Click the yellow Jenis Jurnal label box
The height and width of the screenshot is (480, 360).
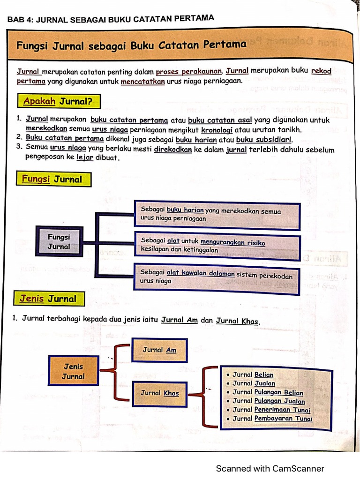click(x=48, y=299)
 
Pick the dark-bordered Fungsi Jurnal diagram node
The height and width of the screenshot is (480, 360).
click(x=59, y=242)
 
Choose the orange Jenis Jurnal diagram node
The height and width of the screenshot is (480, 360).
click(x=74, y=371)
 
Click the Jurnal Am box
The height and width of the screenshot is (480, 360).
click(x=159, y=350)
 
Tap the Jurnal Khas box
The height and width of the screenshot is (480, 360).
click(x=159, y=393)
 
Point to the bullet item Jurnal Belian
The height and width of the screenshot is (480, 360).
click(x=253, y=375)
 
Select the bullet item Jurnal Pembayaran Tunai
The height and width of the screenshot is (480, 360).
click(x=272, y=419)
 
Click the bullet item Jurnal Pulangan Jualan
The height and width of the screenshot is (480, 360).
click(x=269, y=401)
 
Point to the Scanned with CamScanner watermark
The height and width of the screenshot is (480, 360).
click(x=270, y=468)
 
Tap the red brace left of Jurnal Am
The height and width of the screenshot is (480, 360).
click(x=120, y=372)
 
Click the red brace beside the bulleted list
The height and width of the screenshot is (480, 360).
click(x=208, y=397)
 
